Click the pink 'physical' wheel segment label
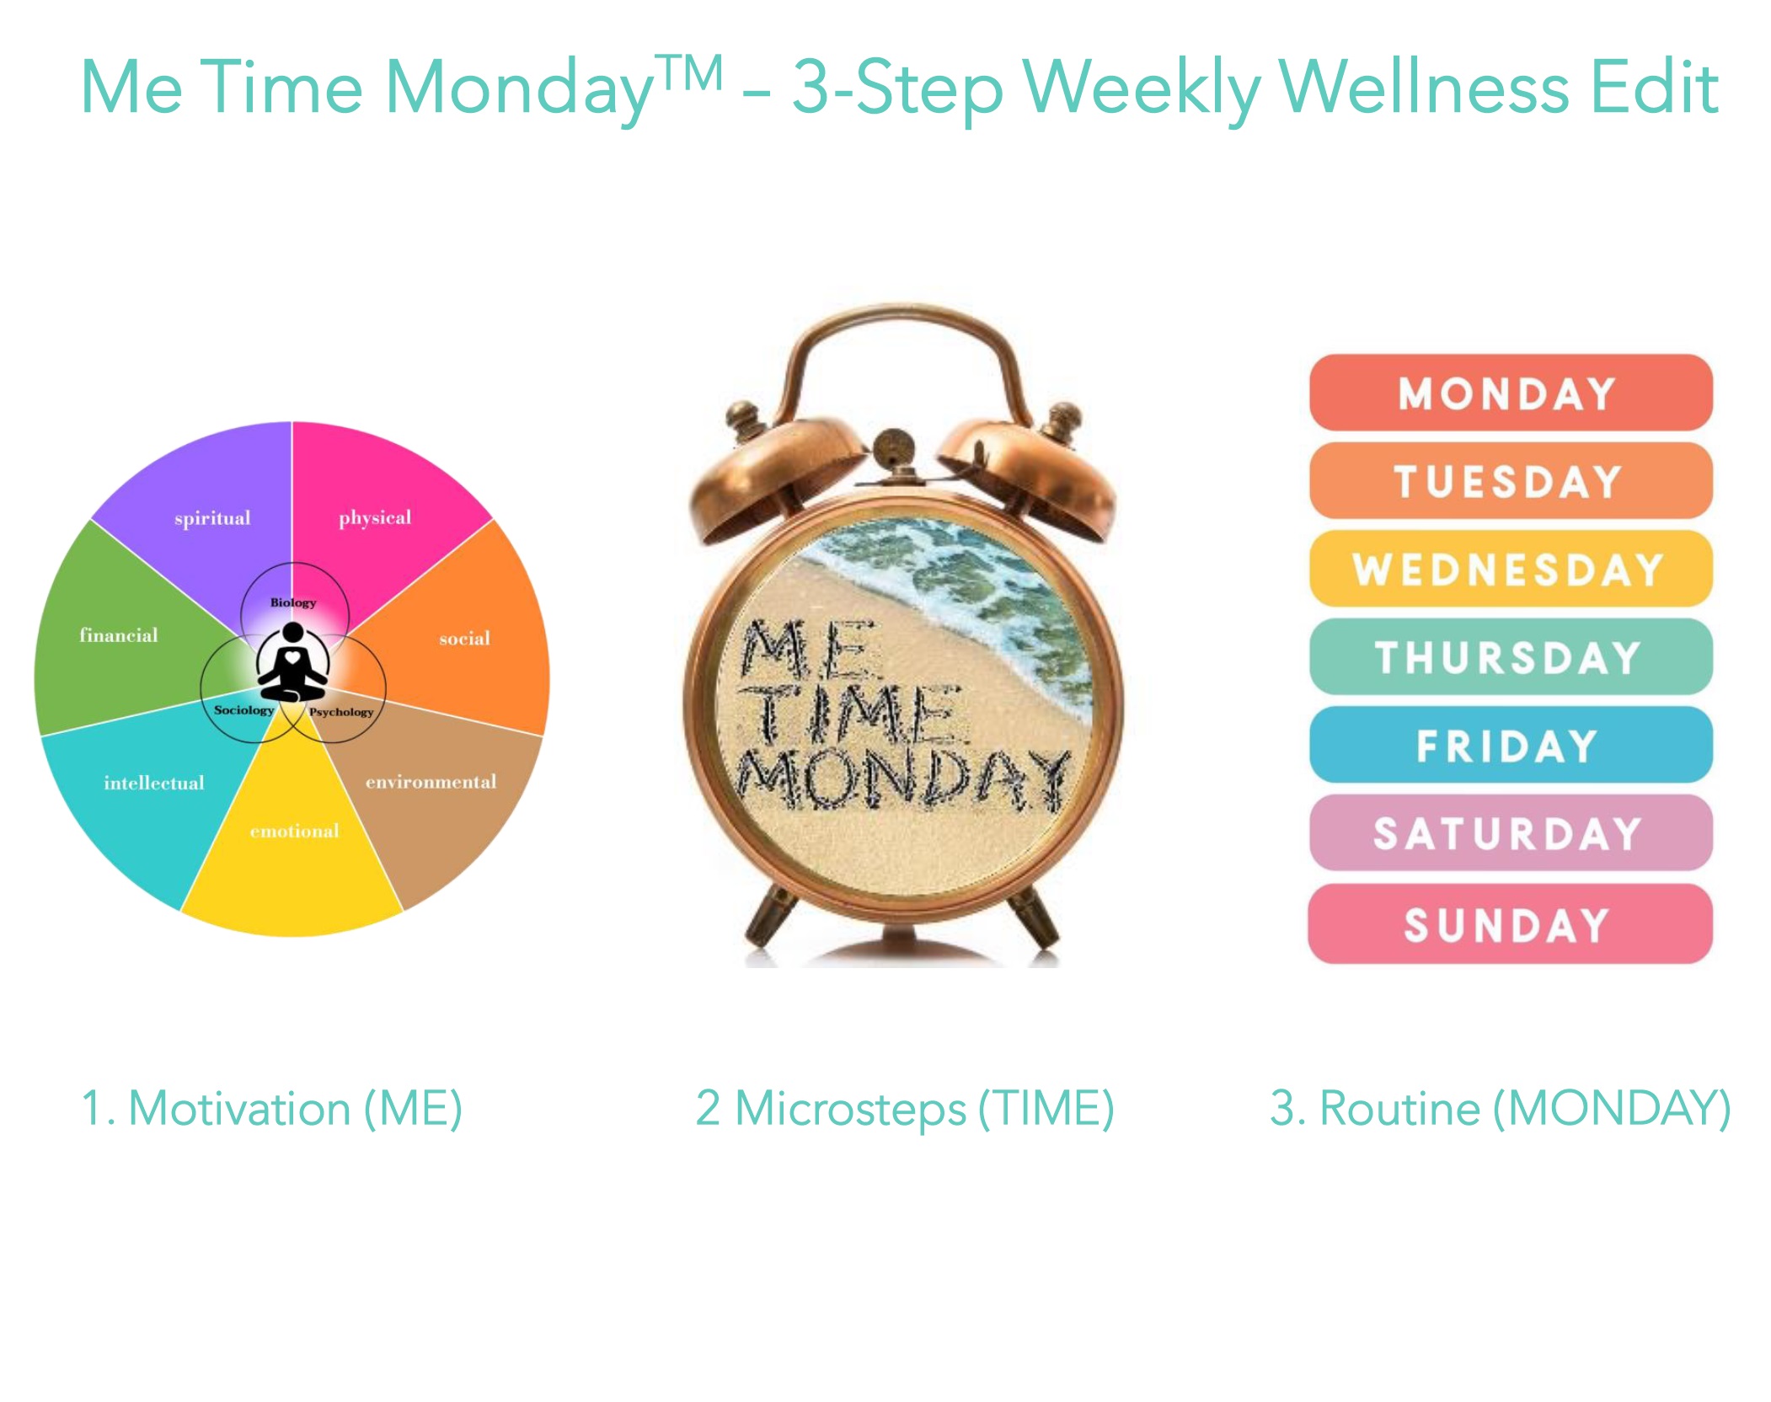pos(375,517)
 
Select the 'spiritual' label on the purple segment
pos(212,518)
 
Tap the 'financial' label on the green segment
pos(119,635)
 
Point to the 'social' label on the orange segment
pos(464,638)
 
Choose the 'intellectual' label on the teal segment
pos(154,783)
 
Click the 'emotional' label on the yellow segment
pos(294,831)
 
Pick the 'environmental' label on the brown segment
pos(431,782)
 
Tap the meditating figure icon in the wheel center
pos(292,662)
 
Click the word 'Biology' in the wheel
pos(293,602)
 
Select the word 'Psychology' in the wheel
pos(341,712)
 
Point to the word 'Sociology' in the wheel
pos(244,710)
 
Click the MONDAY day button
pos(1511,393)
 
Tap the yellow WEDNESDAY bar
pos(1511,569)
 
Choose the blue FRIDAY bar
pos(1511,745)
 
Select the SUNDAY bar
pos(1511,923)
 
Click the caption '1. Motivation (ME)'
pos(271,1109)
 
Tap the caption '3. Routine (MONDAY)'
pos(1500,1109)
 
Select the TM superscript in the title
pos(690,72)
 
